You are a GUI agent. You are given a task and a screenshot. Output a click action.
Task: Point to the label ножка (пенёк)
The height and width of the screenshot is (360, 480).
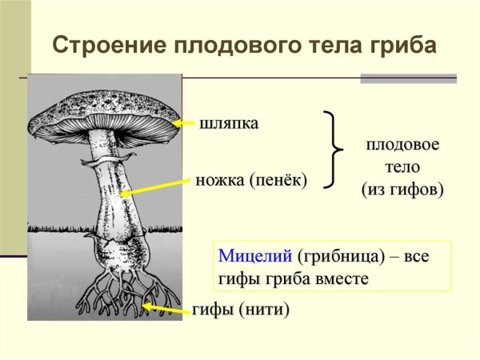(251, 181)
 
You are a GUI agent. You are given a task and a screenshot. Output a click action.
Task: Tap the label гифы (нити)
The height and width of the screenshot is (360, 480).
(240, 309)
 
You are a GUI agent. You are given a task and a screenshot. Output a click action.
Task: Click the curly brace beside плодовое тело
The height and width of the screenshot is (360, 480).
(331, 150)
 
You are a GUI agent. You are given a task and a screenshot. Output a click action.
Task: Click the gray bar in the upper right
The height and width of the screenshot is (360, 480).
(408, 78)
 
